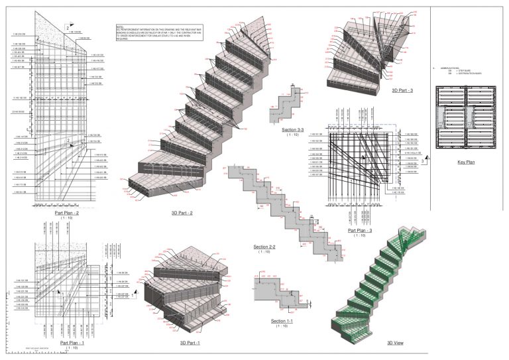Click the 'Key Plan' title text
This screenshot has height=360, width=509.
[467, 161]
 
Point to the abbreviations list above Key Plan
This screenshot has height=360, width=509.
[453, 71]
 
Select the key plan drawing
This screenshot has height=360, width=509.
[467, 119]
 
